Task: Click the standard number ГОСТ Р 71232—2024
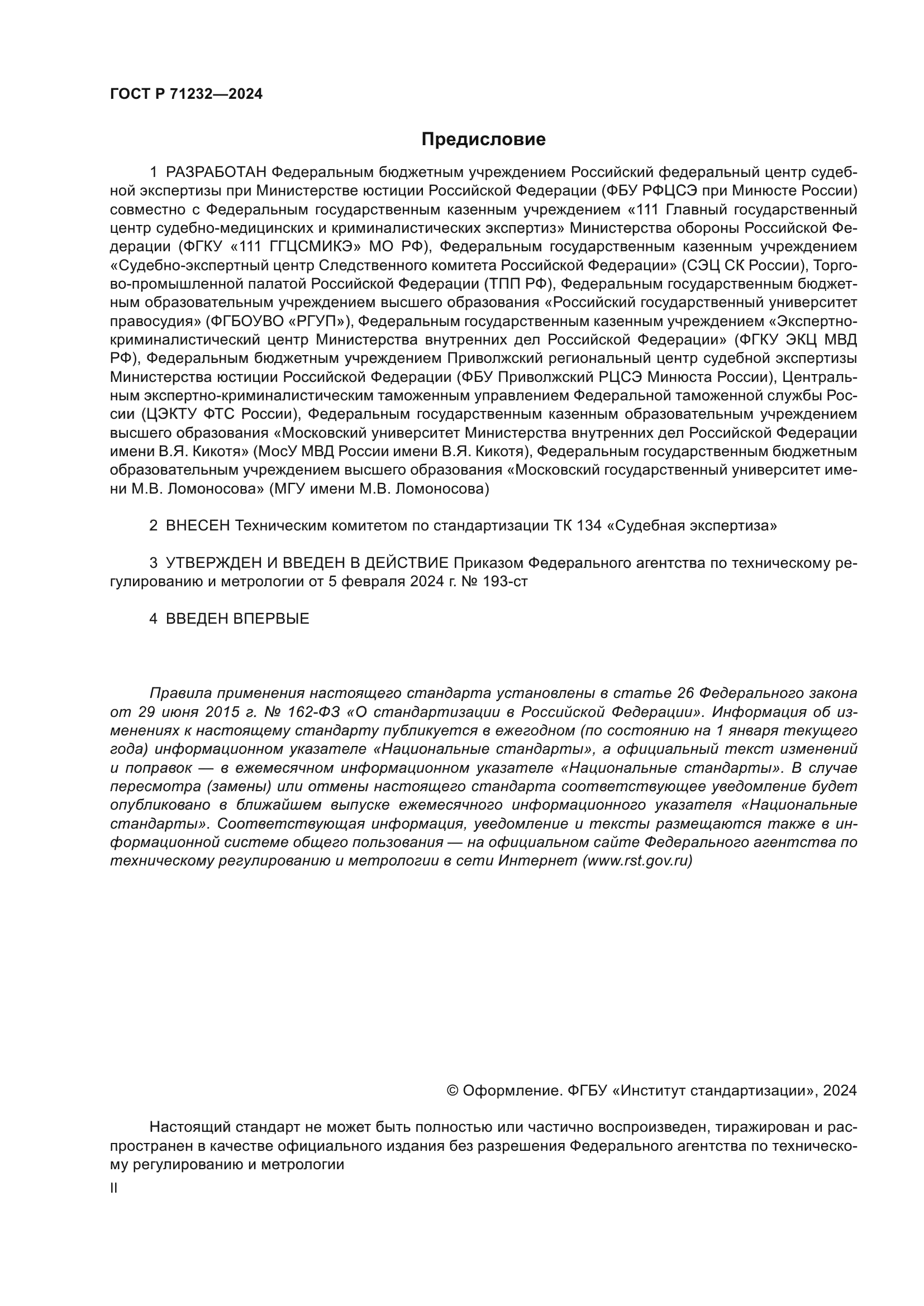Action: [186, 94]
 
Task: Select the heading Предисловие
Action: [483, 140]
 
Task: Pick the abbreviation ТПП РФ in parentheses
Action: [518, 284]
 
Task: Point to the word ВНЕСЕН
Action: [198, 525]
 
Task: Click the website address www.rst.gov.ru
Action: [637, 860]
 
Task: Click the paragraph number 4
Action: [153, 619]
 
